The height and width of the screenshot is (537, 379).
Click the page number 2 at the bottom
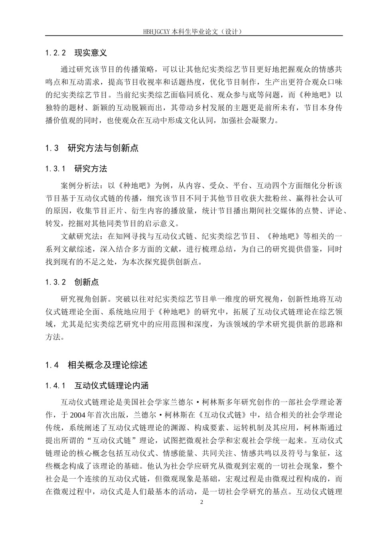point(201,502)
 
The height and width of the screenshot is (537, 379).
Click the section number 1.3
point(52,148)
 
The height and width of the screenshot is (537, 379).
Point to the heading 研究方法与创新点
point(103,148)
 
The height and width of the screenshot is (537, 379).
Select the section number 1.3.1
point(55,169)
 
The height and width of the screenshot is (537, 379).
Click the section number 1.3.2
point(55,282)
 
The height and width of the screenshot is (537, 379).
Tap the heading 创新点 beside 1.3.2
point(87,282)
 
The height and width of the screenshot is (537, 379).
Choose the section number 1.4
point(52,365)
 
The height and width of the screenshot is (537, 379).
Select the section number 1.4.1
point(55,386)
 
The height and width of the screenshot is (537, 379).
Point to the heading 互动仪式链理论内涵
point(111,386)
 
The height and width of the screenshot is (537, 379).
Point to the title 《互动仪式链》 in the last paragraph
point(222,414)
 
